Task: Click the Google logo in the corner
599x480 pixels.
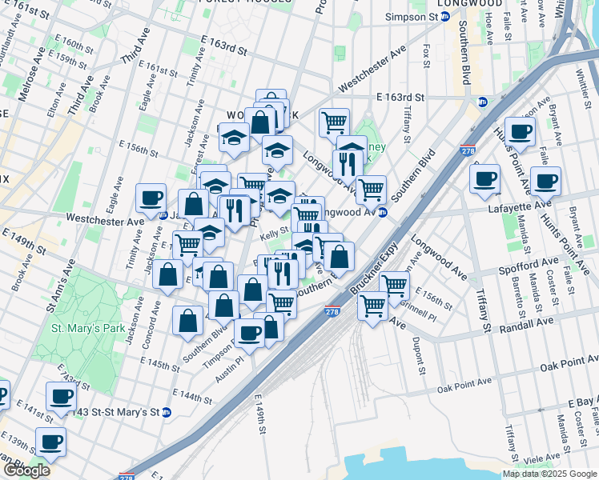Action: point(26,470)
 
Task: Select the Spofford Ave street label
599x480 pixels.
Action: point(529,261)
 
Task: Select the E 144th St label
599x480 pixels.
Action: point(193,395)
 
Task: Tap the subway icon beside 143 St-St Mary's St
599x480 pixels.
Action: point(167,413)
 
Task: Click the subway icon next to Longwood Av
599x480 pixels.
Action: point(383,213)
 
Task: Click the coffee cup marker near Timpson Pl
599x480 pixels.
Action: point(249,332)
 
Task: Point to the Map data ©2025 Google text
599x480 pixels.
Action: point(549,474)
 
